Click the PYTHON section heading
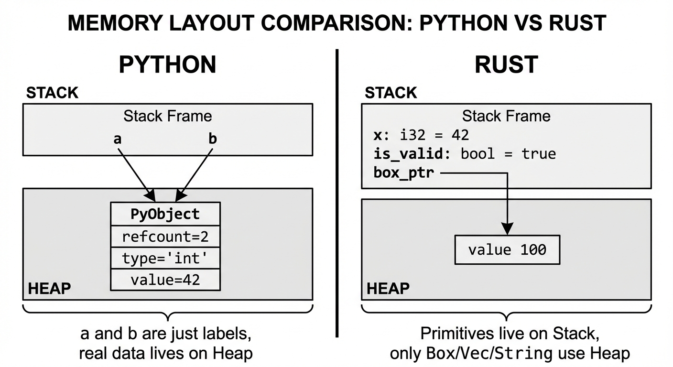pyautogui.click(x=167, y=65)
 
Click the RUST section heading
pyautogui.click(x=506, y=65)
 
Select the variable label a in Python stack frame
pyautogui.click(x=117, y=139)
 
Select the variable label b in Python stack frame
pyautogui.click(x=212, y=139)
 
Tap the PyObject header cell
pyautogui.click(x=165, y=214)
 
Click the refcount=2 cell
pyautogui.click(x=165, y=236)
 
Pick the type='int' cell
pyautogui.click(x=165, y=259)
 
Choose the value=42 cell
pyautogui.click(x=165, y=280)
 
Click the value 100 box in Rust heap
pyautogui.click(x=507, y=249)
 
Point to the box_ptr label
pyautogui.click(x=404, y=173)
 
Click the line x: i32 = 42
pyautogui.click(x=421, y=135)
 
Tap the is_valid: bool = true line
pyautogui.click(x=464, y=154)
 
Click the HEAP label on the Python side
pyautogui.click(x=49, y=288)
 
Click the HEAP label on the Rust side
pyautogui.click(x=388, y=288)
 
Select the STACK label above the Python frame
pyautogui.click(x=52, y=93)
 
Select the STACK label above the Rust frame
pyautogui.click(x=391, y=93)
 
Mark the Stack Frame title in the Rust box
pyautogui.click(x=506, y=116)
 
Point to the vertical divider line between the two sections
pyautogui.click(x=337, y=191)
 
